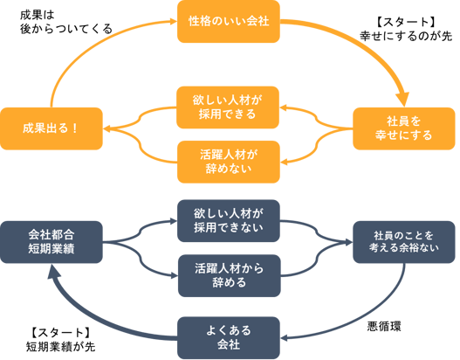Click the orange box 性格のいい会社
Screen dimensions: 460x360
point(229,22)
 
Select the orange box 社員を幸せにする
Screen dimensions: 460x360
point(403,128)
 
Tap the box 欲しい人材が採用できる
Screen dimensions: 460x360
point(228,107)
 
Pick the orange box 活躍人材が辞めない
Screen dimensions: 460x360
point(229,163)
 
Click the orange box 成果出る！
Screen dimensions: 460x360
point(51,128)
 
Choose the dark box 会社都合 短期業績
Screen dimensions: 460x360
point(51,242)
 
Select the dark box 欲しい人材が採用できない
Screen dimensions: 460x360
point(229,221)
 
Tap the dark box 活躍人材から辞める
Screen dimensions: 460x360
point(229,276)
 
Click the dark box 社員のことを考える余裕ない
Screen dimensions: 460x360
point(403,242)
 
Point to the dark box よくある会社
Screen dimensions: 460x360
point(229,337)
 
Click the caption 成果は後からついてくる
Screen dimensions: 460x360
point(66,23)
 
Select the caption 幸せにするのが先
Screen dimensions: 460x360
point(406,36)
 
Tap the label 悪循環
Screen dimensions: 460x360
point(384,327)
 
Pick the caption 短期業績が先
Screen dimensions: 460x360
point(60,347)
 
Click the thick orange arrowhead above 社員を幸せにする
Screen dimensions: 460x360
point(402,100)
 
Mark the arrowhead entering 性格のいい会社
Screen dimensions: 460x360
point(174,21)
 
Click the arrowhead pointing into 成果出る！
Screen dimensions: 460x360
point(106,128)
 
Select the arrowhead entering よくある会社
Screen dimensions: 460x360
point(284,338)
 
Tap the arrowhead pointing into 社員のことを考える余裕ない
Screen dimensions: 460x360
point(349,242)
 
